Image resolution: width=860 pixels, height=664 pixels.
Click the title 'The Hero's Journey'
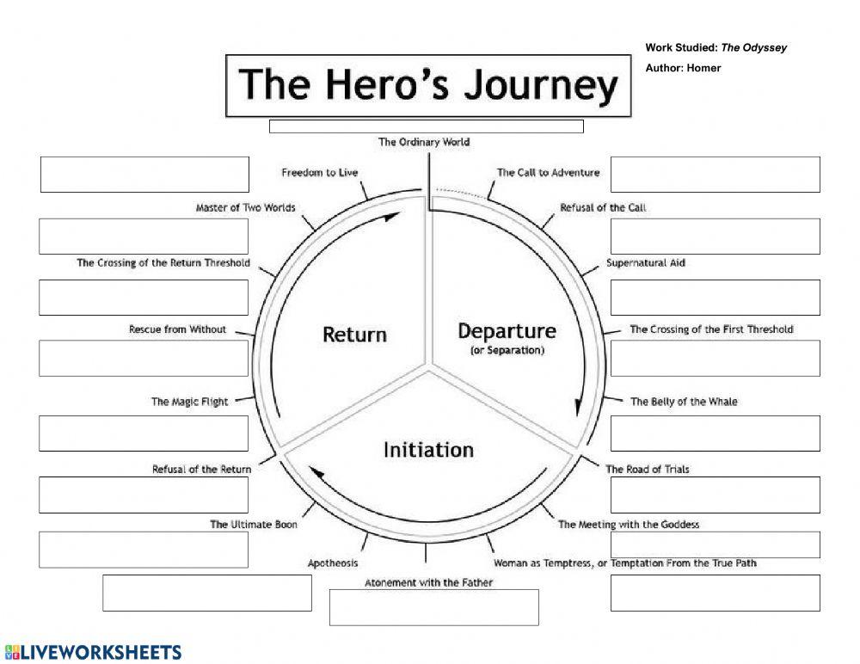(x=427, y=86)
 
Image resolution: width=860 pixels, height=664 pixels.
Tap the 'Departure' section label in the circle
(x=507, y=331)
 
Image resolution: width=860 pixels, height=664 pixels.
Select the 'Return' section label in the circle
(x=354, y=334)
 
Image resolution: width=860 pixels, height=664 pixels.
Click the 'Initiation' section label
(x=428, y=449)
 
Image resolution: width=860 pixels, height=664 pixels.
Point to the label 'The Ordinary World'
(x=424, y=142)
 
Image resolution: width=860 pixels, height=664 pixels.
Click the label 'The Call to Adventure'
(x=548, y=172)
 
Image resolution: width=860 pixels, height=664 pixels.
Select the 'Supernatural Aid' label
(x=645, y=262)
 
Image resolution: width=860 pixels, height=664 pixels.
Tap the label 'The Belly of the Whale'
(x=683, y=402)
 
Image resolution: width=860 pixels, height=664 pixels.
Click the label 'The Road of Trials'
(x=647, y=469)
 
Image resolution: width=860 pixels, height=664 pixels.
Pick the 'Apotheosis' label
(x=333, y=563)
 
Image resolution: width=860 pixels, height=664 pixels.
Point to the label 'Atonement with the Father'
(x=428, y=582)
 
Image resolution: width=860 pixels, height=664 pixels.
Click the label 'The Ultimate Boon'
(x=254, y=524)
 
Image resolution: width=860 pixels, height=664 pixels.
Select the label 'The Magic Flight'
(x=189, y=402)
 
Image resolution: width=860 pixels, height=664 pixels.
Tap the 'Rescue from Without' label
(x=177, y=329)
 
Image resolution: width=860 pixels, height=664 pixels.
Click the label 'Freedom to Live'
(x=319, y=173)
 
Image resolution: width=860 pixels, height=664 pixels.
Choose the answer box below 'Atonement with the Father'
(x=433, y=607)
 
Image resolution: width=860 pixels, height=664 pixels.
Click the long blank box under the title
(x=426, y=126)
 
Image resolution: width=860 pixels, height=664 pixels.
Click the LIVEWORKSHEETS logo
(x=93, y=652)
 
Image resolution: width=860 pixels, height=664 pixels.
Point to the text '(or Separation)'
(x=507, y=351)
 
